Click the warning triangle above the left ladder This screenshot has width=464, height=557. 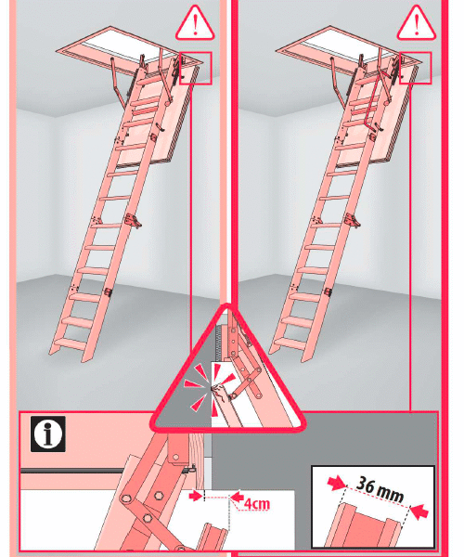coord(195,23)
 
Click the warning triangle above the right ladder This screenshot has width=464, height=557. coord(416,23)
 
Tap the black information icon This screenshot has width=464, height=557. coord(48,434)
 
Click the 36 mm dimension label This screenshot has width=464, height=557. coord(380,490)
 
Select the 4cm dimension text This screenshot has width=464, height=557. coord(257,503)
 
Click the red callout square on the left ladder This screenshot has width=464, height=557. coord(196,68)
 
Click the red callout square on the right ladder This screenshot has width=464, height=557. coord(416,68)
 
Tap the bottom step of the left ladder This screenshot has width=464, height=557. coord(70,344)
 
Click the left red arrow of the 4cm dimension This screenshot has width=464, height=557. coord(196,496)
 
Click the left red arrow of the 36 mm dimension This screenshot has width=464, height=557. coord(336,483)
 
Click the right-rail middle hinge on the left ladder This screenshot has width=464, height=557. coord(133,220)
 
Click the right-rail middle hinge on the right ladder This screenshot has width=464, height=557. coord(353,220)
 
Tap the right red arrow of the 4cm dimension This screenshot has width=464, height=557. coord(237,496)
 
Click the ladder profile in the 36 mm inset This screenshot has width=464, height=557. coord(366,526)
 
